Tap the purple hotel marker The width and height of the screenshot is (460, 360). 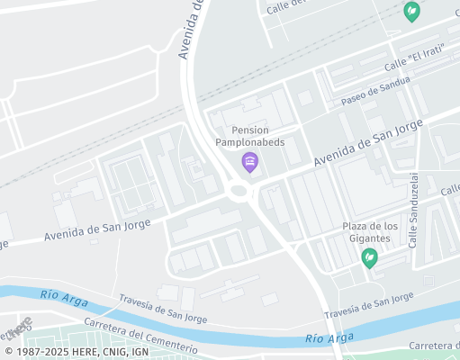(250, 162)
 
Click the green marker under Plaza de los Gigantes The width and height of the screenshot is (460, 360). (369, 258)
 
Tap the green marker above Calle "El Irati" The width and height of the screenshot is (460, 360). (411, 12)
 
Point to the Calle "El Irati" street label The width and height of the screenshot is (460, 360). (417, 61)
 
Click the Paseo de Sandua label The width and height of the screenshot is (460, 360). (376, 90)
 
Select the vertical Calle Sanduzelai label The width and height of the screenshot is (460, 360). (414, 211)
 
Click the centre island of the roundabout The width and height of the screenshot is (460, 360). (239, 190)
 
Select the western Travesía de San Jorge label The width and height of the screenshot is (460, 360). (161, 310)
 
